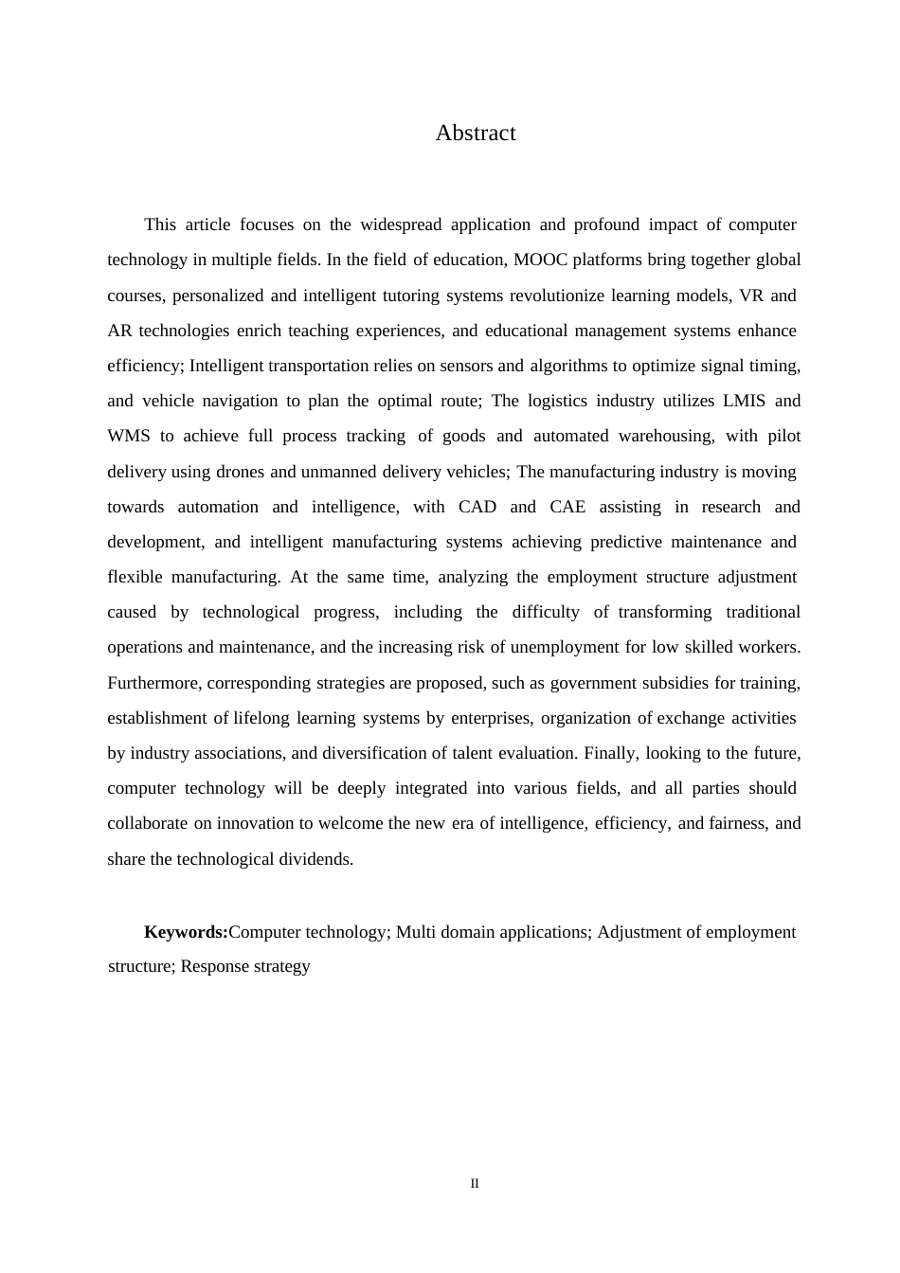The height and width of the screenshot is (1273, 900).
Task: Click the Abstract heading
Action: tap(476, 134)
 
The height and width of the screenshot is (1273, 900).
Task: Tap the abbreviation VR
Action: tap(751, 296)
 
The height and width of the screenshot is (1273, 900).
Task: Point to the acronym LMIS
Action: tap(744, 401)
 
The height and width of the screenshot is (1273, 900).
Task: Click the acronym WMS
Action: tap(129, 437)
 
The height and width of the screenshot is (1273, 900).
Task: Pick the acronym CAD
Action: tap(477, 507)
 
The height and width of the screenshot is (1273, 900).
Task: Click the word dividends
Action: tap(315, 860)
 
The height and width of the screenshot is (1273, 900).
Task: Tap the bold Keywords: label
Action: tap(186, 932)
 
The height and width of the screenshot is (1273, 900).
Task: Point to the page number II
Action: tap(475, 1184)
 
